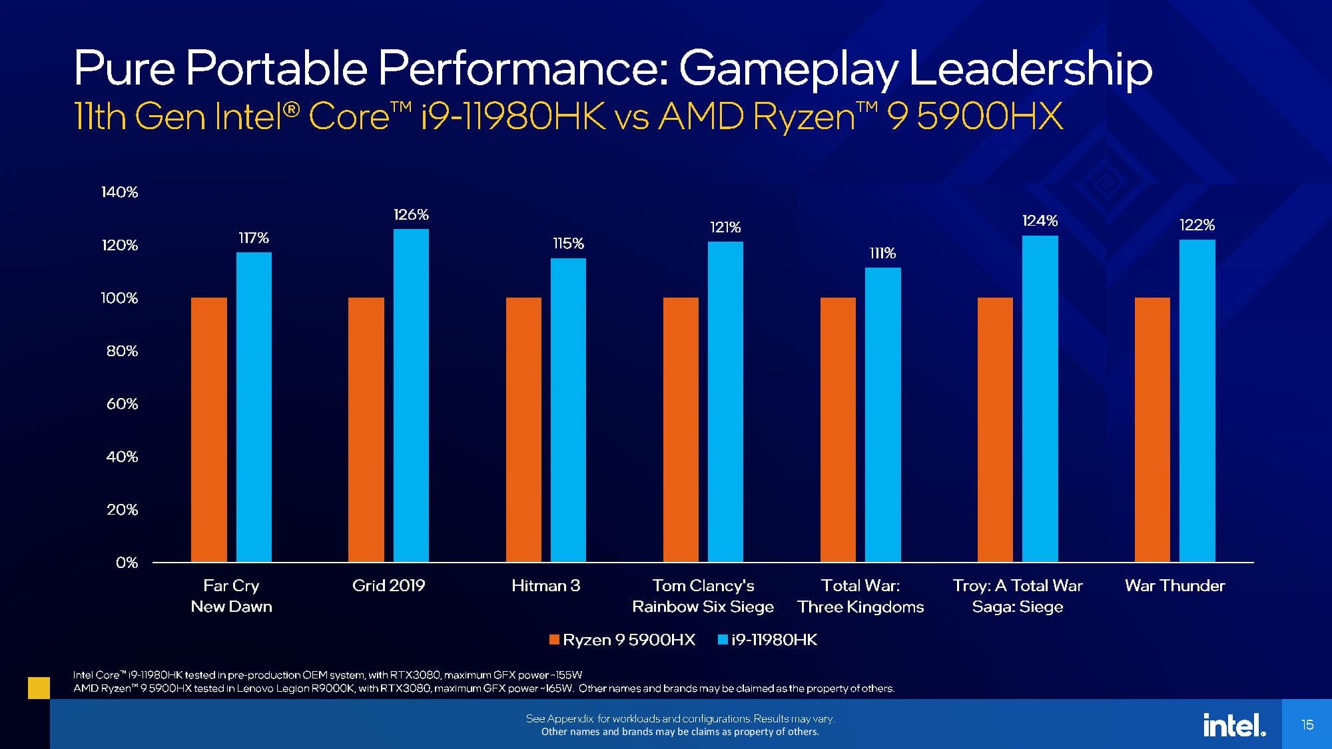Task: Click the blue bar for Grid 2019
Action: click(411, 395)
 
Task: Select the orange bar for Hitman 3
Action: click(523, 429)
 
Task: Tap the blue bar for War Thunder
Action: click(1197, 401)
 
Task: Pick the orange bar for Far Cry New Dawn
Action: click(208, 429)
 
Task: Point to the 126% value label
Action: click(411, 214)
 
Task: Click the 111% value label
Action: click(882, 253)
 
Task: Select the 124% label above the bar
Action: click(1040, 220)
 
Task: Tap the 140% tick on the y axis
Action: click(120, 192)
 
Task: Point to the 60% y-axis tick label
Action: click(123, 403)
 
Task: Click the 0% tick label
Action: click(127, 563)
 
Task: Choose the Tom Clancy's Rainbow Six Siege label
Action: click(703, 596)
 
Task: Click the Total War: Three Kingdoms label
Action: click(860, 596)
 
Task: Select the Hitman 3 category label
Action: click(545, 586)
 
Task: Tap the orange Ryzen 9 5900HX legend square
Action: click(554, 640)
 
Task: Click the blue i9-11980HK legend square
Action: click(723, 640)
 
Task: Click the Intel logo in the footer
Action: click(1233, 724)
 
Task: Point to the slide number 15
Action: click(1307, 724)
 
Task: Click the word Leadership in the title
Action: click(1030, 69)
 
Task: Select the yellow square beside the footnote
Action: click(39, 688)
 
